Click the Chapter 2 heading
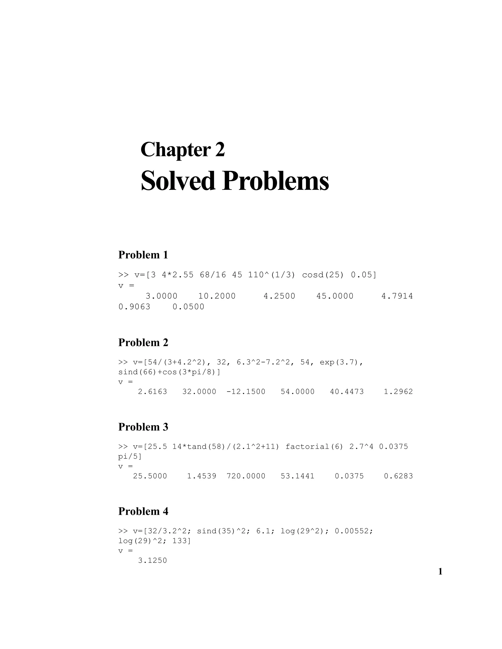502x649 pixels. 182,149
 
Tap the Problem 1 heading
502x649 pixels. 143,255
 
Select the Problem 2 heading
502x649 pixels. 143,342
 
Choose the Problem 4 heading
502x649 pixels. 143,511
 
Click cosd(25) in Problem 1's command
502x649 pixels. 323,275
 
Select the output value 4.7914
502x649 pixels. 397,296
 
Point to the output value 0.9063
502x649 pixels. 134,307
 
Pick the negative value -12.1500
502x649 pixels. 246,392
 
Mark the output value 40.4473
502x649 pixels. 347,392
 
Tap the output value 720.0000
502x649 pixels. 246,476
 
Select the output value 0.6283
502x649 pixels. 398,476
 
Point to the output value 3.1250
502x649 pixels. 152,560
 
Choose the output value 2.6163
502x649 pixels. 152,392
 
